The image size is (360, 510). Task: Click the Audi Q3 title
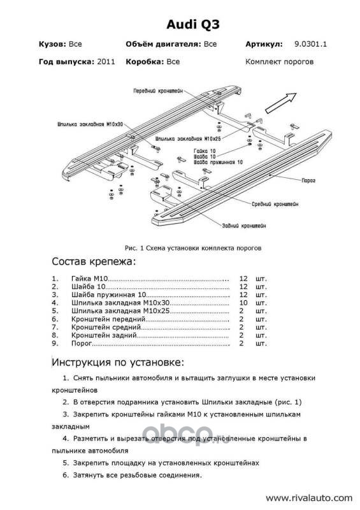tap(193, 25)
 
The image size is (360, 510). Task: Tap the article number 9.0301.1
tap(310, 44)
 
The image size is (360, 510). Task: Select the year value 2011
tap(106, 62)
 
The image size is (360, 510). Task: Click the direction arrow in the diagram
tap(280, 103)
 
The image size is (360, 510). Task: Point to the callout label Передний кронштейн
tap(158, 91)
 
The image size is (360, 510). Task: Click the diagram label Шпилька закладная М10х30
tap(90, 124)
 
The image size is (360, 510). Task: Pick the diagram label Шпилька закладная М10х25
tap(189, 138)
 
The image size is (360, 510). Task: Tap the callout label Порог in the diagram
tap(308, 180)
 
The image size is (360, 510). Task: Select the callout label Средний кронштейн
tap(275, 204)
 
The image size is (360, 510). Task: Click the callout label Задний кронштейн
tap(244, 226)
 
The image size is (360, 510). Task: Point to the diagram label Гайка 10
tap(205, 151)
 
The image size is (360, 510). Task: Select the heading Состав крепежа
tap(93, 261)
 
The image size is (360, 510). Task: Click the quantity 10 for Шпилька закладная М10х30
tap(243, 303)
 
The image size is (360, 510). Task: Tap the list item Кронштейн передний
tap(108, 319)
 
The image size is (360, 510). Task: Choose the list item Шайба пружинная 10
tap(108, 295)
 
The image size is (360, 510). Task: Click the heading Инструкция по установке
tap(118, 362)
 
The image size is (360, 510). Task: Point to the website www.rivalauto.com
tap(309, 498)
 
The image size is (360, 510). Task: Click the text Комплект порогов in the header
tap(279, 62)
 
